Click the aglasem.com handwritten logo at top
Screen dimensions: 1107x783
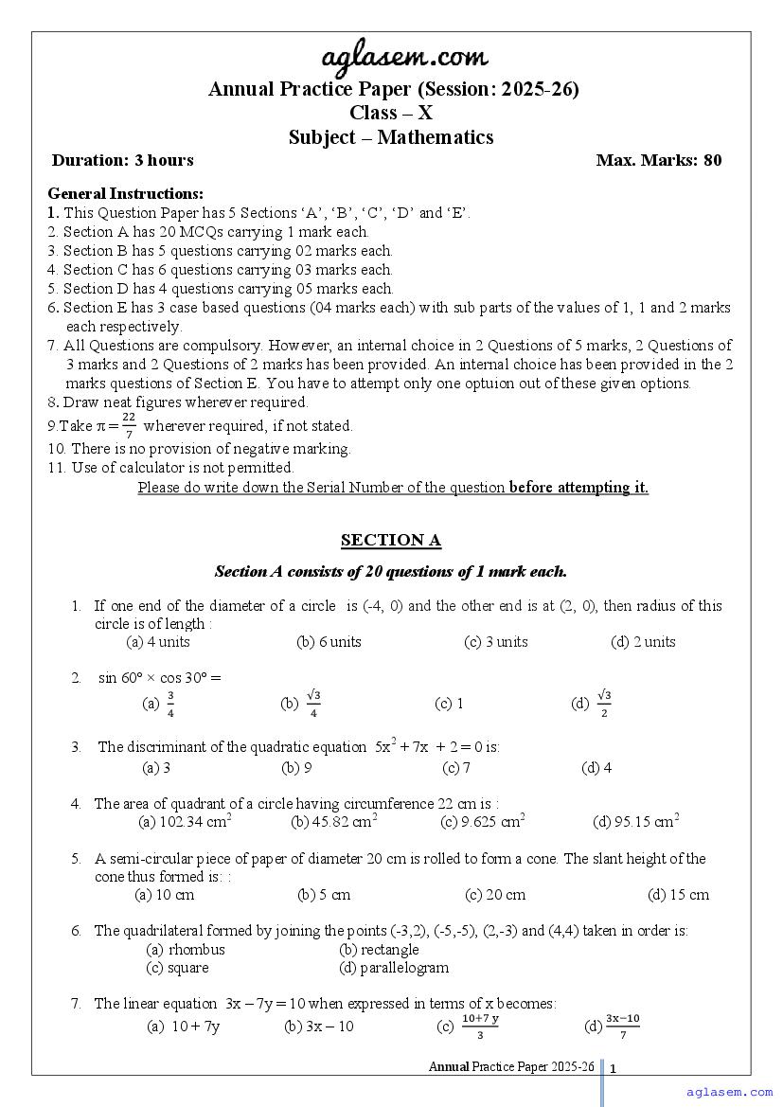[x=391, y=60]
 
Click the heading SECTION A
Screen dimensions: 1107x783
[x=391, y=541]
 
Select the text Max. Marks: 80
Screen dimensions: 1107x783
[x=659, y=160]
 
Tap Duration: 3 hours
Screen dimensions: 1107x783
[x=123, y=160]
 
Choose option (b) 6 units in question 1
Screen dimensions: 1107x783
[x=329, y=642]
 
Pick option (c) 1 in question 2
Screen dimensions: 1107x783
[x=449, y=704]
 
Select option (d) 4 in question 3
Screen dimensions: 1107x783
[x=596, y=768]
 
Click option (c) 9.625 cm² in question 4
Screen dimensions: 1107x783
[x=483, y=822]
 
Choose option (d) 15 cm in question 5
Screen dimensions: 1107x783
[x=678, y=895]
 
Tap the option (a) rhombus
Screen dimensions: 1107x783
[x=186, y=950]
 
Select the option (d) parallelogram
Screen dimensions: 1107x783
[x=394, y=968]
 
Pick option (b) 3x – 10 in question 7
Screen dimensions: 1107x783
[x=319, y=1027]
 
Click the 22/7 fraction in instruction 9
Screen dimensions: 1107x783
[x=129, y=426]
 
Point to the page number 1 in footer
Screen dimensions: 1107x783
[x=614, y=1069]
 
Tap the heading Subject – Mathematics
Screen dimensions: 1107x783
[x=391, y=137]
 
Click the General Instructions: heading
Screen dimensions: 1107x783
[x=126, y=194]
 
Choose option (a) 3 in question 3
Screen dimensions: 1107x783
[x=156, y=768]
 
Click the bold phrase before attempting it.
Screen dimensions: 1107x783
[x=578, y=488]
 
